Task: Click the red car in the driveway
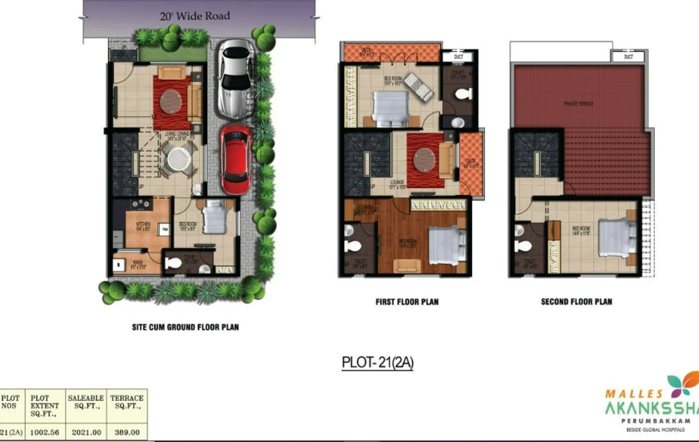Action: click(236, 159)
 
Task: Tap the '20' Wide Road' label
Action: click(195, 16)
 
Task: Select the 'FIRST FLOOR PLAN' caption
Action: click(407, 302)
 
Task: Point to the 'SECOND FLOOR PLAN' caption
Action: click(576, 302)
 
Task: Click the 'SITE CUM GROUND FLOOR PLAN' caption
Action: click(185, 327)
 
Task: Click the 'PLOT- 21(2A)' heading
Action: click(377, 362)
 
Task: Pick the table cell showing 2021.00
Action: click(86, 432)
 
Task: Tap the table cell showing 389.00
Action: click(127, 432)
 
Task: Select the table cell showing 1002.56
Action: click(44, 432)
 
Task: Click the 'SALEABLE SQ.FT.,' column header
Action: click(86, 402)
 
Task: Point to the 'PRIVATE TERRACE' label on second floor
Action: click(578, 104)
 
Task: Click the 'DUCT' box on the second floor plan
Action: click(629, 56)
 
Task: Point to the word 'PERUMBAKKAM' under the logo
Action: click(655, 421)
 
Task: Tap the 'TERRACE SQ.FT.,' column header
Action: click(127, 402)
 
